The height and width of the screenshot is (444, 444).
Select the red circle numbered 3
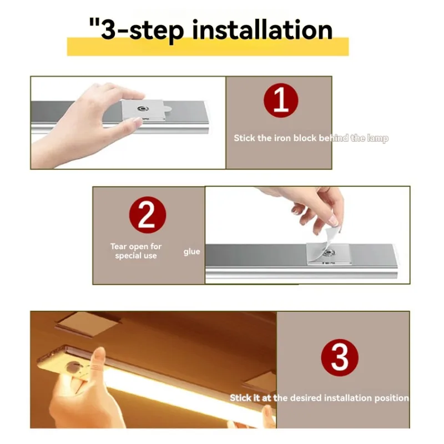coord(340,358)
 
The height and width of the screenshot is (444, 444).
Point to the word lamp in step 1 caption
coord(377,138)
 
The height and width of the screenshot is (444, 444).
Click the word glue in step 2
coord(191,252)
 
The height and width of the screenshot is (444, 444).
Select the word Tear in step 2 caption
coord(119,246)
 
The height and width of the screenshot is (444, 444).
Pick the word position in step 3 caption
coord(391,398)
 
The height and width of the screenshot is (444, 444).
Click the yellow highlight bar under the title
coord(208,49)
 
